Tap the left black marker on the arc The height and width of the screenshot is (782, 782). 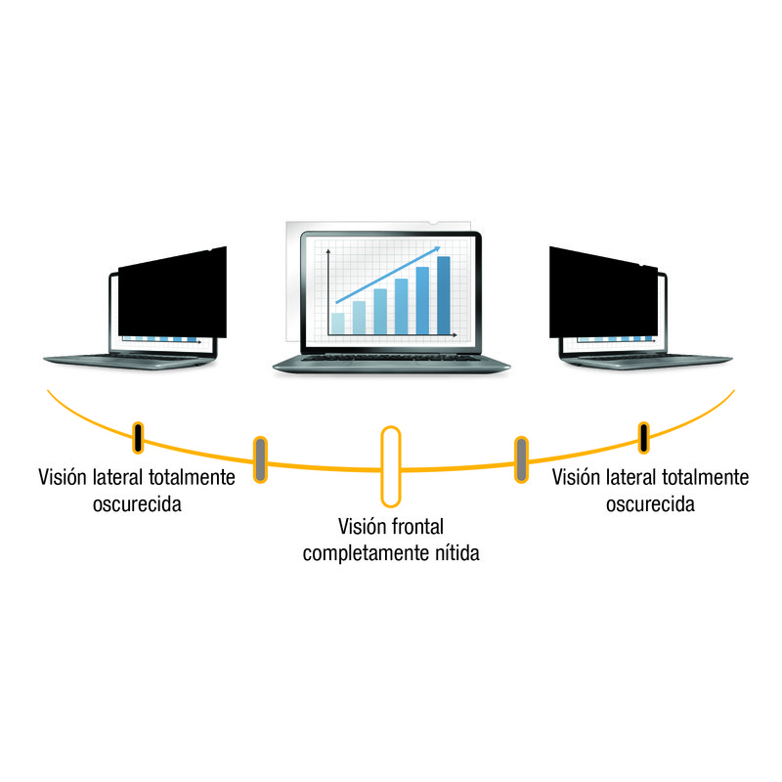coord(139,438)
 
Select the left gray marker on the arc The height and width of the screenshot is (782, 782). coord(260,459)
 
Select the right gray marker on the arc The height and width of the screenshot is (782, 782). coord(522,459)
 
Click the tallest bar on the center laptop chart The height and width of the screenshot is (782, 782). coord(443,294)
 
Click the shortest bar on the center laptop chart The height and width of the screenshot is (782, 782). coord(338,322)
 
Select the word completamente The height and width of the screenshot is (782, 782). coord(361,553)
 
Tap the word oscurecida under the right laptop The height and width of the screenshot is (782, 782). coord(650,504)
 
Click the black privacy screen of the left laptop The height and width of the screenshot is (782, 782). coord(171,293)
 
